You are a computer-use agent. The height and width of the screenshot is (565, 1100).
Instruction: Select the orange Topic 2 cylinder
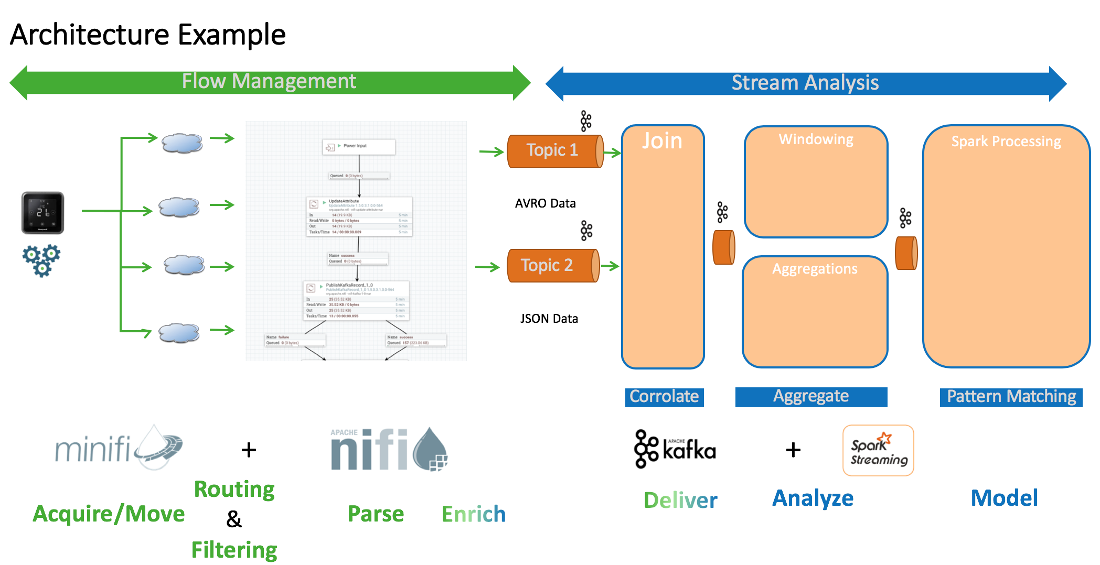click(552, 266)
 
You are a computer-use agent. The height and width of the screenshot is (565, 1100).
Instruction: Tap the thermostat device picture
click(42, 213)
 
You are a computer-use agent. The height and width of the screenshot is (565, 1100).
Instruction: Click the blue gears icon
click(41, 259)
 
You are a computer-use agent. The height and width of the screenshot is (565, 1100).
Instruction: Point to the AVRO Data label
click(545, 203)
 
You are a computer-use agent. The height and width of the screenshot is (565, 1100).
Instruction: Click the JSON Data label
click(549, 319)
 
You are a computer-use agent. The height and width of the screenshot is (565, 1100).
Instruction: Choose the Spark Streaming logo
click(878, 450)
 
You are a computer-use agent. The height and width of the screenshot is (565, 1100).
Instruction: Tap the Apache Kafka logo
click(675, 449)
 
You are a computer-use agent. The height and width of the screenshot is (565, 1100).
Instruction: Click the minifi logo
click(118, 448)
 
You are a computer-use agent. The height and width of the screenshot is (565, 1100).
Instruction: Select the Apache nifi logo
click(389, 449)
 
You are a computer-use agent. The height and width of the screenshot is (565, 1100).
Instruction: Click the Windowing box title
click(816, 139)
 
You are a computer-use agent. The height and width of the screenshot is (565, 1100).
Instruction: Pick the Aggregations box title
click(815, 269)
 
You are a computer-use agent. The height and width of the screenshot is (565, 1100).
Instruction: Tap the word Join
click(662, 141)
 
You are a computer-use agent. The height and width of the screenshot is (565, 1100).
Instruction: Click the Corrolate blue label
click(664, 397)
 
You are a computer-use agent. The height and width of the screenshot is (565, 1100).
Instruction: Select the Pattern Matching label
click(1011, 397)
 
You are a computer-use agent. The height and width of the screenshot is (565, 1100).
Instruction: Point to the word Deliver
click(680, 500)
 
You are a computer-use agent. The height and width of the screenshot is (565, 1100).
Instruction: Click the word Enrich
click(473, 514)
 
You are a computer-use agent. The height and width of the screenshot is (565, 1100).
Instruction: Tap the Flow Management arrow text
click(269, 81)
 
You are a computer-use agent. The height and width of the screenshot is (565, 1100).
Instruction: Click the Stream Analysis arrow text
click(805, 83)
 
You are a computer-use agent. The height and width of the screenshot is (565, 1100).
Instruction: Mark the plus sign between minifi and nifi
click(249, 450)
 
